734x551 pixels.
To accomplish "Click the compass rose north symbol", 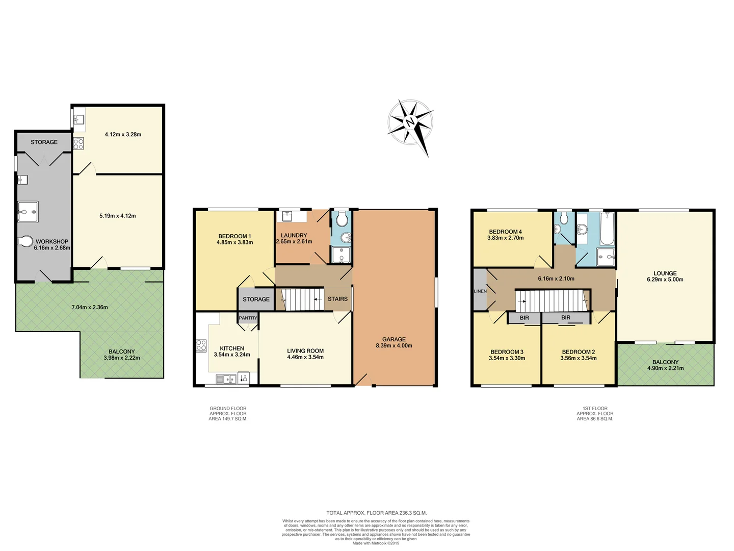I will coord(410,122).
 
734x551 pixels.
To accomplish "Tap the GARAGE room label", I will coord(394,339).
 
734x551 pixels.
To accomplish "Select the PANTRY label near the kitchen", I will coord(248,318).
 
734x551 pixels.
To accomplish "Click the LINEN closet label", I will coord(480,291).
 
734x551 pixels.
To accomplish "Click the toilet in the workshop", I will coord(25,241).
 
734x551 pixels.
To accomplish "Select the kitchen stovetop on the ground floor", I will coord(201,345).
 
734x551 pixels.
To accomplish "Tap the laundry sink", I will coord(287,215).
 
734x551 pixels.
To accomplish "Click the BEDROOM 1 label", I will coord(234,236).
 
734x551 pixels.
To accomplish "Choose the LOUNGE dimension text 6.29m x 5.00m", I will coord(665,280).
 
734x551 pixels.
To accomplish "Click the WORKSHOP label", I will coord(52,242).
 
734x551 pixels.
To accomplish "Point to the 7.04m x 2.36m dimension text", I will coord(90,308).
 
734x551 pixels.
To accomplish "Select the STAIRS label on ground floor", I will coord(337,299).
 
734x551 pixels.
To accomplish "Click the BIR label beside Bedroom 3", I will coord(524,318).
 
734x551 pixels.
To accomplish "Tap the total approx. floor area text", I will coord(376,513).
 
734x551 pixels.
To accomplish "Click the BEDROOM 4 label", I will coord(505,232).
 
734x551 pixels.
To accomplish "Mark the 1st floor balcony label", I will coord(665,362).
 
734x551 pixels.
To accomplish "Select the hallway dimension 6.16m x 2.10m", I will coord(556,279).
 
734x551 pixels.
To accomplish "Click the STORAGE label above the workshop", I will coord(44,142).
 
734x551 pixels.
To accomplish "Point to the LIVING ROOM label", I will coord(305,351).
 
